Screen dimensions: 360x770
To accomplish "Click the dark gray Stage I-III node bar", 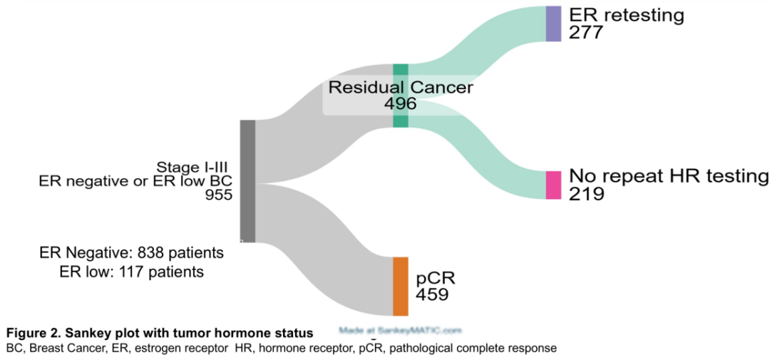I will [247, 181].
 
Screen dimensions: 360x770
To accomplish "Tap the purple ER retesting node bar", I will [554, 24].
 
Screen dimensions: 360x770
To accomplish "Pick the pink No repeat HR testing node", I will [554, 185].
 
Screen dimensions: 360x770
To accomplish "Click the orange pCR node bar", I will [401, 286].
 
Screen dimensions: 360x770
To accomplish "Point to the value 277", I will [586, 33].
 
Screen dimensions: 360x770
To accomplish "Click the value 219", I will [586, 194].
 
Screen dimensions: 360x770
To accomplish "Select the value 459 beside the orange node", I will [432, 294].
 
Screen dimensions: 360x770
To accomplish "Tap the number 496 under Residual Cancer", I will [400, 103].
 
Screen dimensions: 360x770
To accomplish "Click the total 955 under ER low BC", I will [218, 195].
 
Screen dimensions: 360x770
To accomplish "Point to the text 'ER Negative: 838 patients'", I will [132, 253].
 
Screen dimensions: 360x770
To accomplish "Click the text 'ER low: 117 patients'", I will [132, 272].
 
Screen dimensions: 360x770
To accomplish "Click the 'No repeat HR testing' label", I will [669, 177].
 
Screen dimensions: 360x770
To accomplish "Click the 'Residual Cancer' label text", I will [400, 88].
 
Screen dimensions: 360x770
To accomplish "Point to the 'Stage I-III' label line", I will [198, 168].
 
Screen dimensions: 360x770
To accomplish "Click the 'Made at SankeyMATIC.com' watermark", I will [400, 331].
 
